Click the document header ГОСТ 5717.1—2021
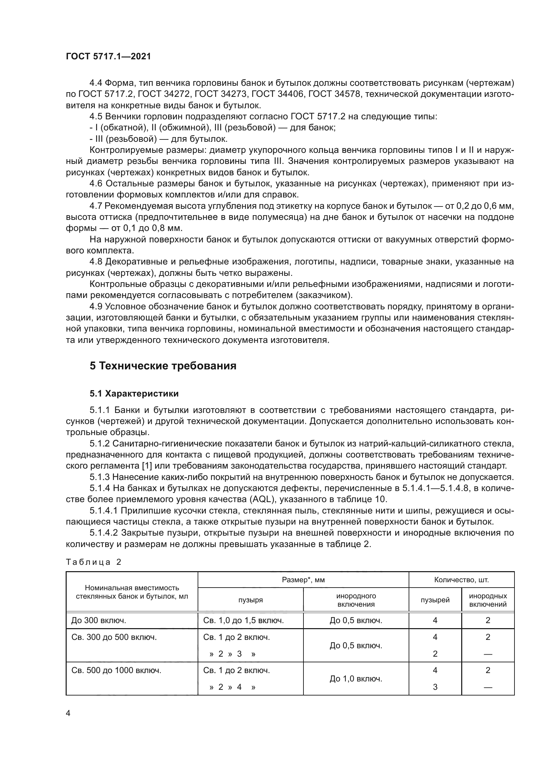pyautogui.click(x=108, y=57)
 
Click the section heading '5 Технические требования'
pyautogui.click(x=163, y=366)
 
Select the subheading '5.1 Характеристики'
pyautogui.click(x=134, y=394)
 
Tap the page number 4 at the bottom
pyautogui.click(x=68, y=713)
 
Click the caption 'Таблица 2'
pyautogui.click(x=93, y=562)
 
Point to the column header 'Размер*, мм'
pyautogui.click(x=303, y=580)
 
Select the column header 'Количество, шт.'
pyautogui.click(x=461, y=580)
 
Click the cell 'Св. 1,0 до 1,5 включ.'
pyautogui.click(x=243, y=620)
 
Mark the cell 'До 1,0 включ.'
pyautogui.click(x=356, y=678)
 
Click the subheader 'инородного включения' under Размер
pyautogui.click(x=356, y=600)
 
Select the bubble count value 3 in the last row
pyautogui.click(x=435, y=687)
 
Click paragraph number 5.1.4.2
pyautogui.click(x=104, y=533)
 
